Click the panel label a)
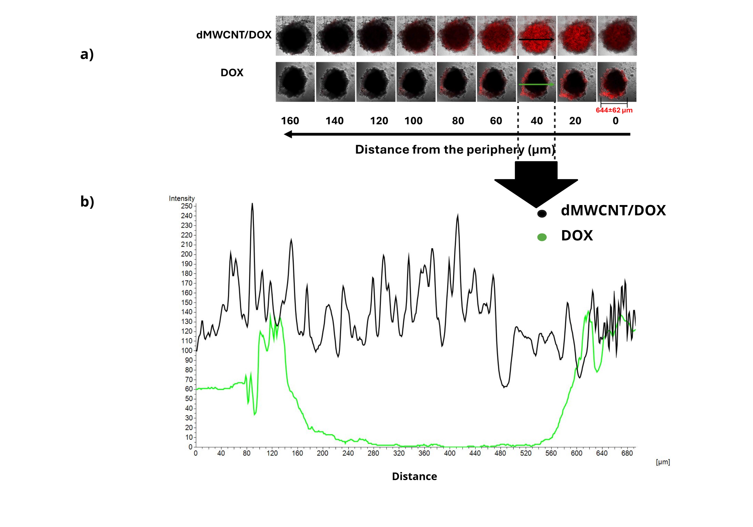[x=87, y=54]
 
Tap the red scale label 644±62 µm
[x=614, y=110]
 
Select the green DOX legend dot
[x=542, y=237]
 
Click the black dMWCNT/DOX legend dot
[x=542, y=214]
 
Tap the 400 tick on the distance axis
[x=450, y=453]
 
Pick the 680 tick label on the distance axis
[x=627, y=453]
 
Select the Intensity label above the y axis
[x=182, y=199]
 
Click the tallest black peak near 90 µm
[x=252, y=204]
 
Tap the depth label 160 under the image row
[x=290, y=121]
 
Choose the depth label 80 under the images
[x=458, y=121]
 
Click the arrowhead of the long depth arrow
[x=288, y=134]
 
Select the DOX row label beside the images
[x=232, y=73]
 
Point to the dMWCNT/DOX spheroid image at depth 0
[x=617, y=36]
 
